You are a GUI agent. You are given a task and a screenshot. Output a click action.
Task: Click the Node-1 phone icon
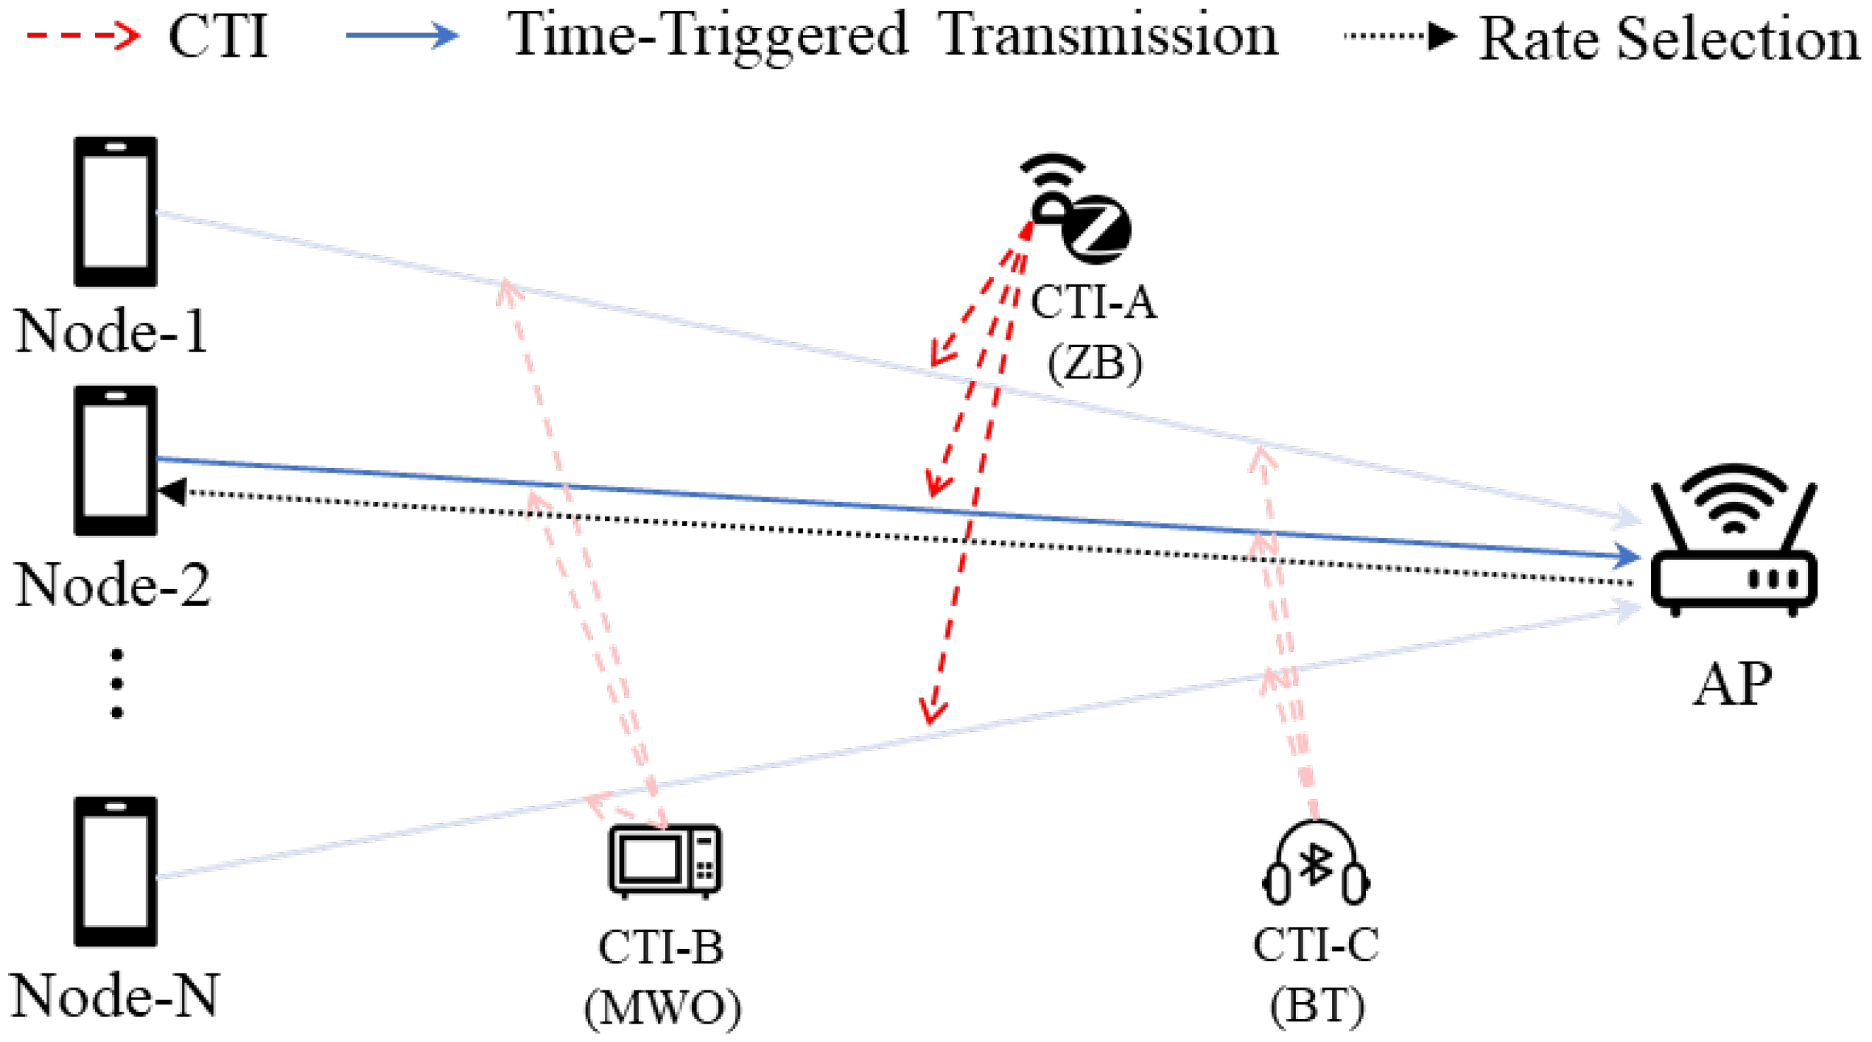(x=116, y=211)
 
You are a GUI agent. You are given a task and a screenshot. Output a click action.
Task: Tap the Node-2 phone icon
(x=116, y=461)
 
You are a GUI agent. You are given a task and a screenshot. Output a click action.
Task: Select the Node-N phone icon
(x=116, y=871)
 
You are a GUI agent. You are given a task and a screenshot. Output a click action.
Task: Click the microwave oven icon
(x=665, y=861)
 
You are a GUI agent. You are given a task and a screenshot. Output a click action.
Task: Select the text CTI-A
(x=1093, y=302)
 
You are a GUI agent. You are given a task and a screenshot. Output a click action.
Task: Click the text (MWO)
(x=663, y=1007)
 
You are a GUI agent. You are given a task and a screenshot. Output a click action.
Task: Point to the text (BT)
(x=1317, y=1005)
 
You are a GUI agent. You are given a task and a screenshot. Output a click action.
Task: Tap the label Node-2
(x=113, y=584)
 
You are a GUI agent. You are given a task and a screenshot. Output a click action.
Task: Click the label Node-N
(x=114, y=996)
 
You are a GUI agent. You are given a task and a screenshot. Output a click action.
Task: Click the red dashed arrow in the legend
(x=83, y=35)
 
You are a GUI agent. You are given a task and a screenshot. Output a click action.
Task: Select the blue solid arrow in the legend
(x=402, y=35)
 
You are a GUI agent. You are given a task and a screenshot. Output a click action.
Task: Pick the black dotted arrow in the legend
(x=1400, y=35)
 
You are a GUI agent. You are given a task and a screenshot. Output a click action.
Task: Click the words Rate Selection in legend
(x=1669, y=38)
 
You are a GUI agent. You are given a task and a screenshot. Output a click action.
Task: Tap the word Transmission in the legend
(x=1109, y=35)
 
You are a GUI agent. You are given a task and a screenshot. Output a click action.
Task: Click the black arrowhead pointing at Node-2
(x=172, y=492)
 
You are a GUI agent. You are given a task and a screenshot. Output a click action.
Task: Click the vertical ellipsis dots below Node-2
(x=116, y=684)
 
